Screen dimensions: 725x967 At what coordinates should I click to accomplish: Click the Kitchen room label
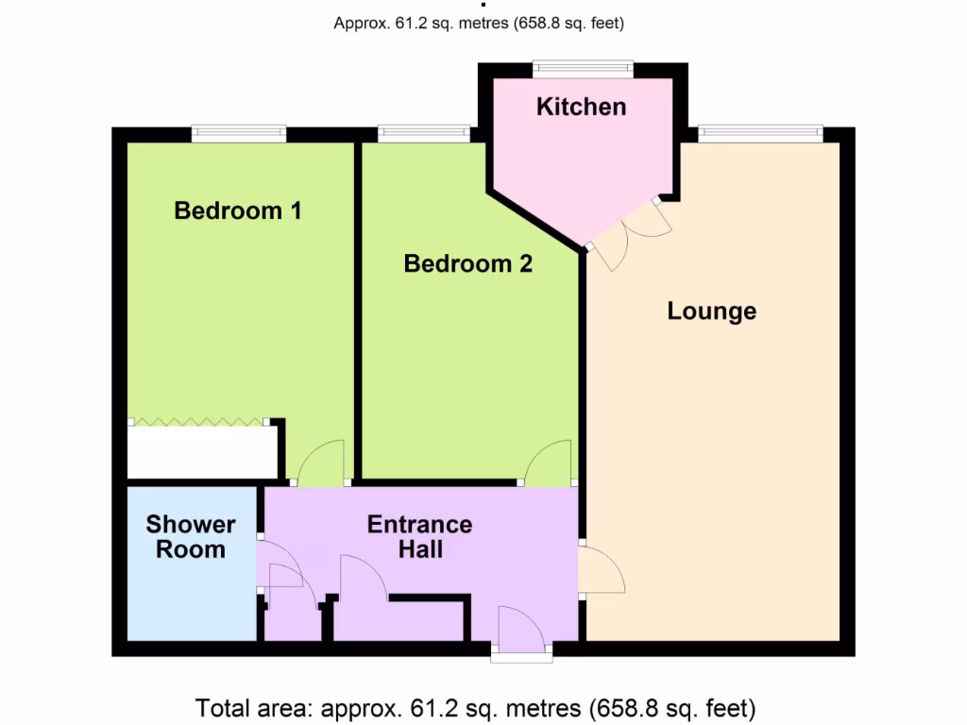pos(581,107)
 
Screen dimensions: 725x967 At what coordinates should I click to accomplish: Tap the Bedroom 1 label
pos(238,210)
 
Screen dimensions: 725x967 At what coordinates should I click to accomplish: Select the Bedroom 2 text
pos(467,263)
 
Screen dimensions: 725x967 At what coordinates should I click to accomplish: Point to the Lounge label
pos(711,311)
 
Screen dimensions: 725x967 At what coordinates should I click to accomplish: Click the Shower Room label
pos(191,536)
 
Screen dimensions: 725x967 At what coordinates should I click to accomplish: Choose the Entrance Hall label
pos(420,536)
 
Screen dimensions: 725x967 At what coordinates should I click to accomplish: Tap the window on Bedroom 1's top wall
pos(239,134)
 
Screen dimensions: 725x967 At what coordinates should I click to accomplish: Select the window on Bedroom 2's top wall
pos(423,134)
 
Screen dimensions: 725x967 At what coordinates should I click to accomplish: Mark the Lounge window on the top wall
pos(761,134)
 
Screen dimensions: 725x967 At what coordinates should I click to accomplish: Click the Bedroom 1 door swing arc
pos(321,463)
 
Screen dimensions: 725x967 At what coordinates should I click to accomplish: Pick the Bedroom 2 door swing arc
pos(549,463)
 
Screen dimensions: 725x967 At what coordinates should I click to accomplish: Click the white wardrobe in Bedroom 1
pos(202,454)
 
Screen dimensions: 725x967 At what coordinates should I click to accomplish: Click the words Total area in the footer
pos(254,707)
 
